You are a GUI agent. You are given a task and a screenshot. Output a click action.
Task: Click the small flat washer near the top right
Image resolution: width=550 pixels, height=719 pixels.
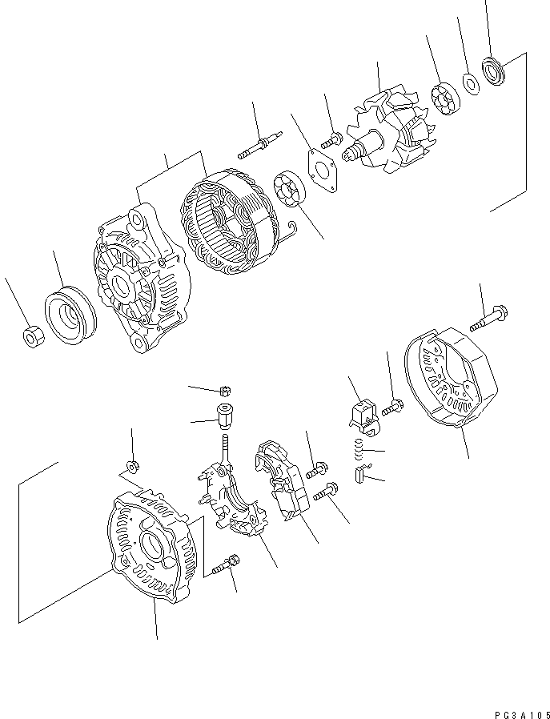point(470,81)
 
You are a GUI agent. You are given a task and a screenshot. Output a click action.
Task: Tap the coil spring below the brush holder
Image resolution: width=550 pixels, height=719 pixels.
point(360,453)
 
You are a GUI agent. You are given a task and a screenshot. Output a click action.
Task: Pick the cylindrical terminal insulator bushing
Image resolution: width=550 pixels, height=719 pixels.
point(224,416)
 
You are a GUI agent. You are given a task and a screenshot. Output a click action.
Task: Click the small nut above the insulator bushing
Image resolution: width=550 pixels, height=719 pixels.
point(225,391)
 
